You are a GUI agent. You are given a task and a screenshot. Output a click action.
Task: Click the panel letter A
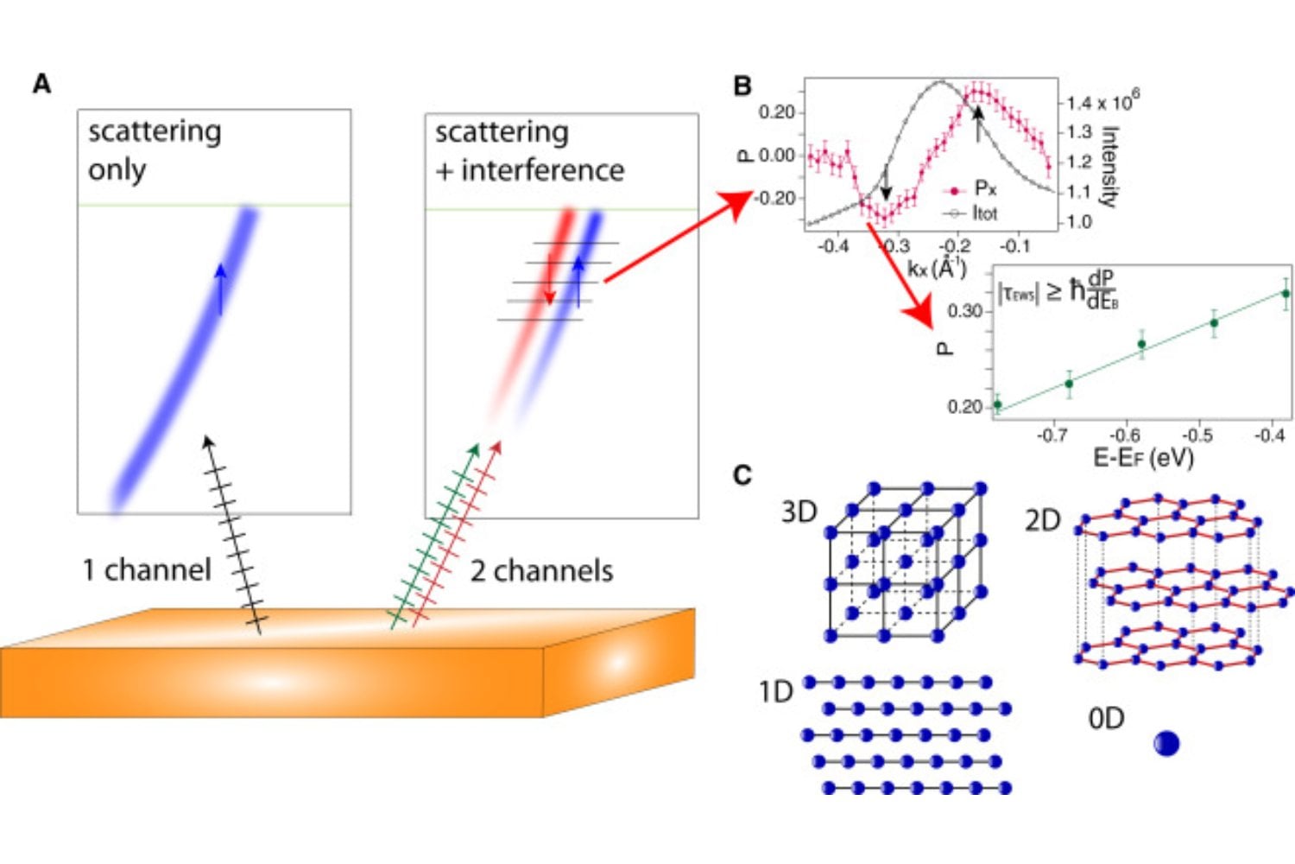point(41,85)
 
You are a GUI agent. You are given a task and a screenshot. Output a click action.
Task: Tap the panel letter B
point(742,86)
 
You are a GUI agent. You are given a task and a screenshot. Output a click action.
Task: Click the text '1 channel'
point(147,570)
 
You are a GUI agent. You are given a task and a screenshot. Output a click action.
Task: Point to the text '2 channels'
point(541,571)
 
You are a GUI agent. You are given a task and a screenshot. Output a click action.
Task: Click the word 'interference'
point(542,170)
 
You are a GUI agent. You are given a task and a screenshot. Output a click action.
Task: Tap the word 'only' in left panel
point(117,169)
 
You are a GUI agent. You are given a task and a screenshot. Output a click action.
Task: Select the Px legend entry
point(984,188)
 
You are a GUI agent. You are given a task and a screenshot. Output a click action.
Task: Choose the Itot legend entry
point(984,213)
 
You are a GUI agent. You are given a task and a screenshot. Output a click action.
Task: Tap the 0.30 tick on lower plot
point(964,311)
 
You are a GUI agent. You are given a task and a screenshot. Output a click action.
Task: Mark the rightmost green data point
point(1286,294)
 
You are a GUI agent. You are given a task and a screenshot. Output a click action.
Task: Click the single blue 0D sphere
point(1166,743)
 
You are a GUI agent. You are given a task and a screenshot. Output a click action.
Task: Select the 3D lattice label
point(799,511)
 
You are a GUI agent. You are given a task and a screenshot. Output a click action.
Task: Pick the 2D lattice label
point(1042,520)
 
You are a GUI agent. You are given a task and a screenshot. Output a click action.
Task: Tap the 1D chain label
point(775,691)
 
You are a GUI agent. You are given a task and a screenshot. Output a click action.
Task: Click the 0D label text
point(1106,718)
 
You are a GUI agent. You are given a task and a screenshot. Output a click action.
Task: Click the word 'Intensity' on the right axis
point(1110,166)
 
